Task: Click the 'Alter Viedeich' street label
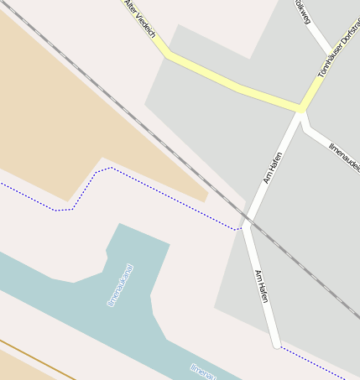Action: tap(140, 18)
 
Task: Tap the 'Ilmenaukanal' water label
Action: tap(121, 285)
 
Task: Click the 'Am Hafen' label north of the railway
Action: tap(273, 167)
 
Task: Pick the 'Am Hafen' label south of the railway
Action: tap(262, 286)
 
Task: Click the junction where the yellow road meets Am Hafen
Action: tap(301, 108)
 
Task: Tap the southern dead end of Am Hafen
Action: tap(276, 344)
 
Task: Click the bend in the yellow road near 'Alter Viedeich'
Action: tap(168, 55)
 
